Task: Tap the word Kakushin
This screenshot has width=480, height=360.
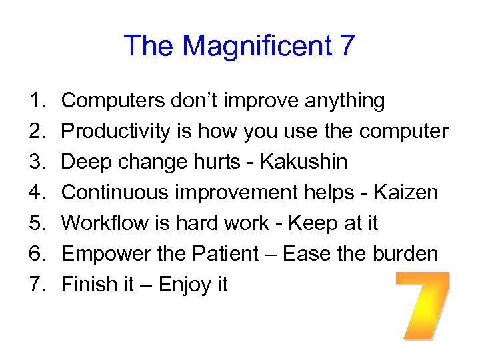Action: [304, 162]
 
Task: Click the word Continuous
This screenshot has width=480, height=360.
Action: [114, 193]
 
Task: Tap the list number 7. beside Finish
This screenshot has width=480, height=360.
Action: [37, 285]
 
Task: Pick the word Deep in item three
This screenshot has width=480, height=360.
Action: [84, 162]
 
